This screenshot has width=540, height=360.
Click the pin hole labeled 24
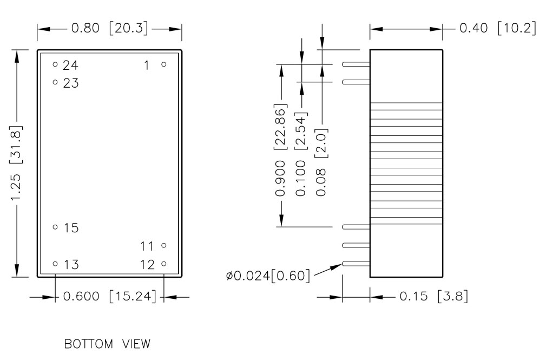tap(55, 64)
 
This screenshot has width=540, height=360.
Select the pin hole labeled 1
tap(163, 64)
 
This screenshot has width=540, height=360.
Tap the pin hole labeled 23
tap(55, 82)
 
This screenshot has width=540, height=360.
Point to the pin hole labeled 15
tap(55, 227)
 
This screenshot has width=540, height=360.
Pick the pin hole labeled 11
tap(163, 245)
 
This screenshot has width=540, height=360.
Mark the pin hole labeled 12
tap(163, 264)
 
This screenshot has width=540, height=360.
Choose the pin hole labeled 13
tap(55, 264)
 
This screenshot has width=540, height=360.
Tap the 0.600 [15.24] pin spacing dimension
tap(110, 297)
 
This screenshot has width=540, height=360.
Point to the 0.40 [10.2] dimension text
tap(495, 29)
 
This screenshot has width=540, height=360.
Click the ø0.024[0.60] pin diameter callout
tap(268, 277)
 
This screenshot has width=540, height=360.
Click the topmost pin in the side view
tap(356, 64)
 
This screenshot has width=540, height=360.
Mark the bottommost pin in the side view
tap(356, 264)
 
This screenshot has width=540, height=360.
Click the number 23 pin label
tap(70, 83)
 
